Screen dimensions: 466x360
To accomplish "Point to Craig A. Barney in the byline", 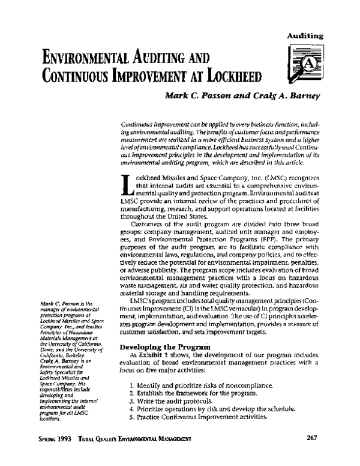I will click(x=264, y=95).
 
